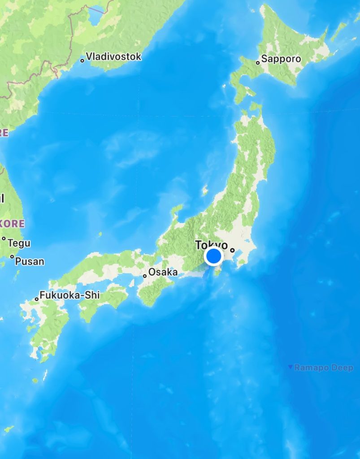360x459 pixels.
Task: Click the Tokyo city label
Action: [211, 245]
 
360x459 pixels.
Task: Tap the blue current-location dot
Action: [213, 256]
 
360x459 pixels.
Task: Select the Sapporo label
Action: [281, 59]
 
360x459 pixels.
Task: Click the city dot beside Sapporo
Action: [258, 63]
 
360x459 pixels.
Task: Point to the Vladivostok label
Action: [113, 56]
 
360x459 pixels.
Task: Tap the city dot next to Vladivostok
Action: [82, 60]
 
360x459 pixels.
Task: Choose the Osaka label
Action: [163, 272]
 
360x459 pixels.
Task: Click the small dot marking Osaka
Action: [145, 276]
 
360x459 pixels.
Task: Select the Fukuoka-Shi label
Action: [70, 295]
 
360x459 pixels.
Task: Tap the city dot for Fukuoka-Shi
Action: [37, 299]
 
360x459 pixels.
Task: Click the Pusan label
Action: [30, 261]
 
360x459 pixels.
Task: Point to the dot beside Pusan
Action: [12, 257]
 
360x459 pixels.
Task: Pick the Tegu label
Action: [19, 243]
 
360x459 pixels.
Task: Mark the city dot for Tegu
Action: [4, 238]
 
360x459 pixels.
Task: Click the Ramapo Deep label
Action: [324, 368]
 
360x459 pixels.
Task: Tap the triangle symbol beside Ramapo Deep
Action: [291, 368]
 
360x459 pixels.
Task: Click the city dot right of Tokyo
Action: [232, 250]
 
